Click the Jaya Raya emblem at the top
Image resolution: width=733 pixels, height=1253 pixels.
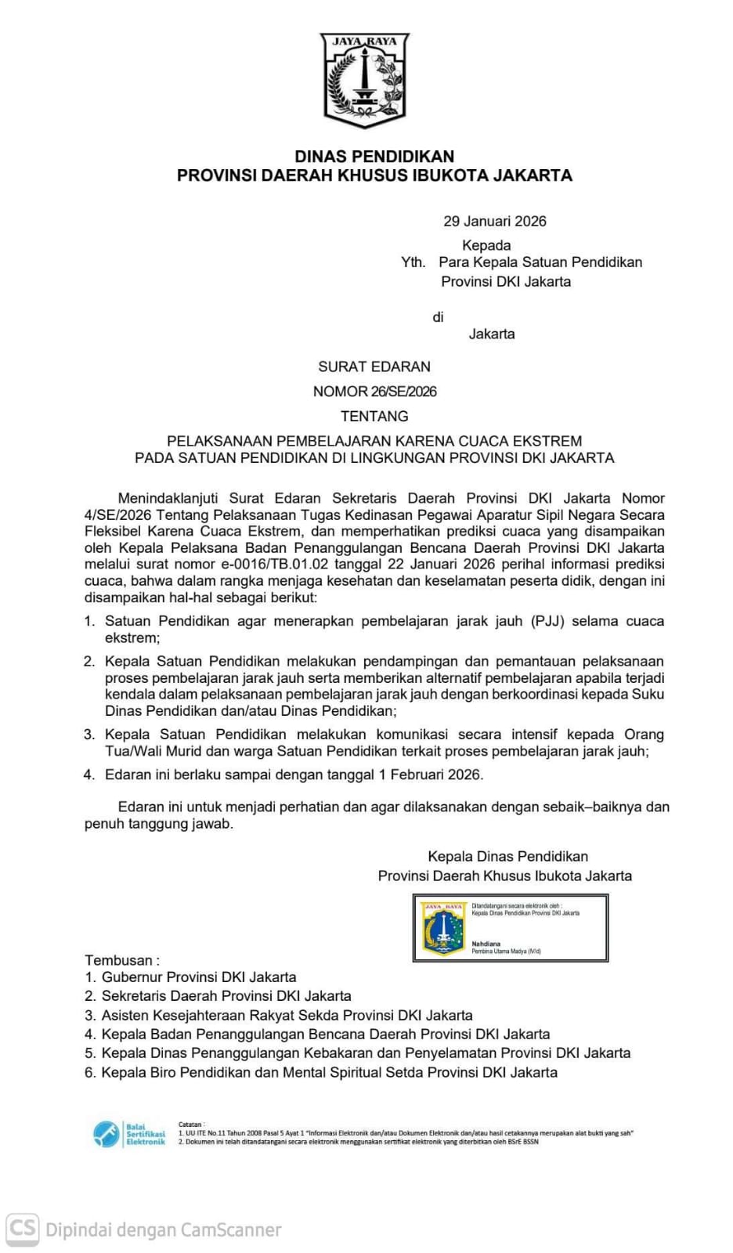click(365, 80)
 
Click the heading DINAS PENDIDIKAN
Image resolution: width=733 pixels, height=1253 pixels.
click(374, 156)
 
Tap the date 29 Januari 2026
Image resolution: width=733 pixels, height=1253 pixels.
click(495, 221)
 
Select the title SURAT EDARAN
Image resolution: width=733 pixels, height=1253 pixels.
click(374, 367)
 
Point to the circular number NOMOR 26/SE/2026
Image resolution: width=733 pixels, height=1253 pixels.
click(374, 392)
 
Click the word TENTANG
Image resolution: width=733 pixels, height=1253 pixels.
click(374, 416)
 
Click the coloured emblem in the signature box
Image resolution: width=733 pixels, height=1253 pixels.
click(443, 929)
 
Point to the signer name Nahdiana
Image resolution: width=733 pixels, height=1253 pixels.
click(486, 944)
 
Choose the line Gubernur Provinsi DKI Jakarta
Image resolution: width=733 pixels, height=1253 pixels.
click(199, 977)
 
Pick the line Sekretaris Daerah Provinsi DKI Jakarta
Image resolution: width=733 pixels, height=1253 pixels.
click(226, 996)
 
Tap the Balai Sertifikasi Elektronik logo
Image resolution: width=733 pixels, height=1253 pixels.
click(129, 1134)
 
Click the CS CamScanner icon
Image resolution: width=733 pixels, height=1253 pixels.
click(23, 1228)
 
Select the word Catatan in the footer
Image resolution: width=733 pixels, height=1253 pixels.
click(190, 1124)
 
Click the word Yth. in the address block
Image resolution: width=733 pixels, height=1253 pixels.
click(413, 262)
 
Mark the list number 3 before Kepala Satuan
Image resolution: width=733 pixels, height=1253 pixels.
click(89, 735)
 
